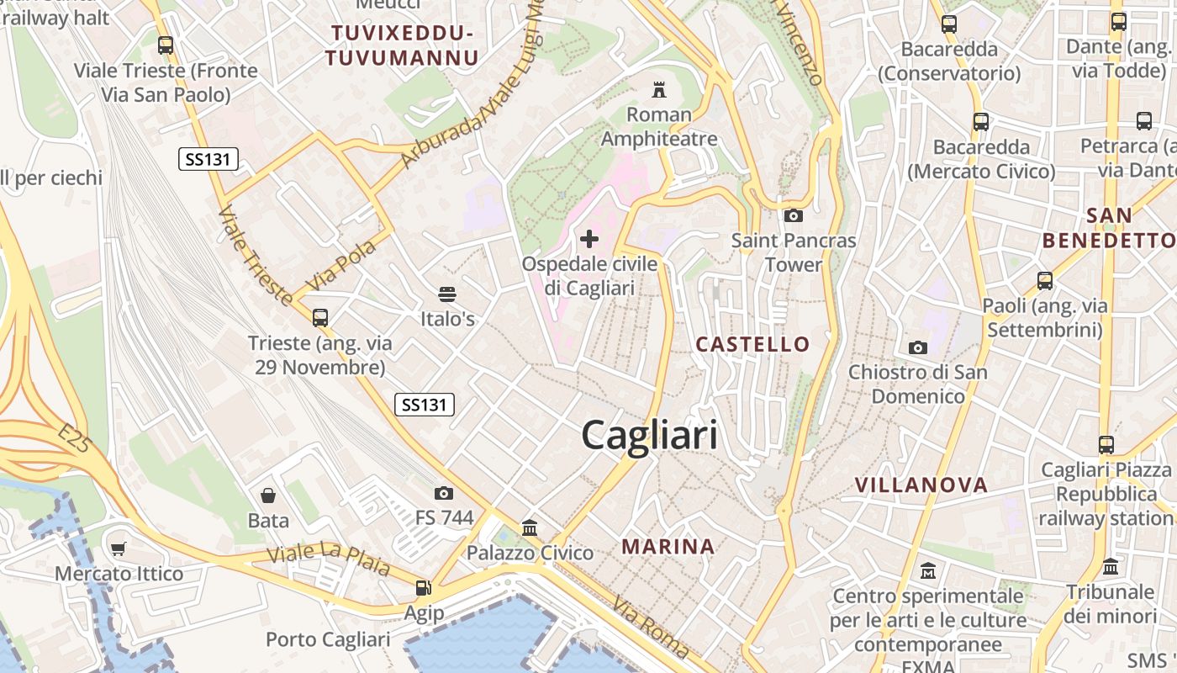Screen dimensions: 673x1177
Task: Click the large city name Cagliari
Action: pyautogui.click(x=650, y=436)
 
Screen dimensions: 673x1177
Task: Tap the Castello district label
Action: pyautogui.click(x=753, y=344)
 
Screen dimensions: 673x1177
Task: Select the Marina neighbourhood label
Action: pyautogui.click(x=668, y=547)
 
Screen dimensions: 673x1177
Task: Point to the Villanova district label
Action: pyautogui.click(x=921, y=485)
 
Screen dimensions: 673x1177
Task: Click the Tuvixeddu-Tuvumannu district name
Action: pyautogui.click(x=402, y=45)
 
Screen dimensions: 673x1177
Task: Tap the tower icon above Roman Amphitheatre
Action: pyautogui.click(x=659, y=89)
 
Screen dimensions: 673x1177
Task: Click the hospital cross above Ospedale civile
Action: pyautogui.click(x=589, y=239)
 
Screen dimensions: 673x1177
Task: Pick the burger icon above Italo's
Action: pyautogui.click(x=447, y=294)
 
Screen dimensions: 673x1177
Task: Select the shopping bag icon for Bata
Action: pyautogui.click(x=268, y=495)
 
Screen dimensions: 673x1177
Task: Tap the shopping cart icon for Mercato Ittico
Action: pyautogui.click(x=119, y=549)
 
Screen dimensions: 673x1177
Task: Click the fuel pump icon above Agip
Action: pyautogui.click(x=424, y=588)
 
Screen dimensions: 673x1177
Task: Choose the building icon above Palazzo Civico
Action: pyautogui.click(x=530, y=528)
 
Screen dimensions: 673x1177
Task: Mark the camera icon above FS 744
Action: pyautogui.click(x=444, y=493)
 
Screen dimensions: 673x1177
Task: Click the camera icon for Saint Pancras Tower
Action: pyautogui.click(x=793, y=215)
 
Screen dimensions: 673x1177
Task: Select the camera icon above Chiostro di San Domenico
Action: pyautogui.click(x=918, y=347)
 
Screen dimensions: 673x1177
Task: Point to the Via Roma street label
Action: pyautogui.click(x=652, y=628)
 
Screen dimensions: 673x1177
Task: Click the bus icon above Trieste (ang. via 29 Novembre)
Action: pyautogui.click(x=320, y=318)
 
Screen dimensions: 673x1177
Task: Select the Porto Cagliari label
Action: pyautogui.click(x=328, y=640)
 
